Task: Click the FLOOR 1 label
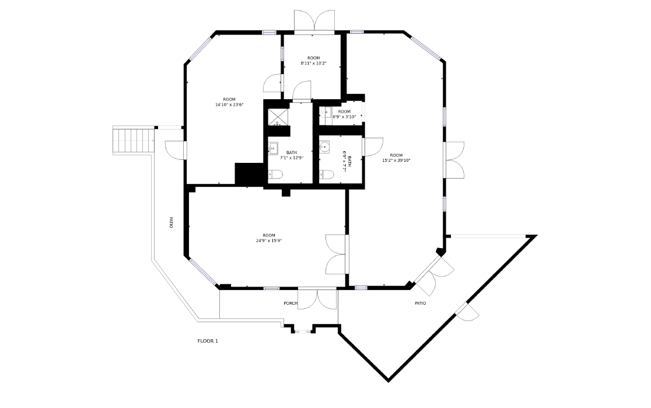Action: tap(208, 341)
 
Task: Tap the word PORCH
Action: tap(290, 304)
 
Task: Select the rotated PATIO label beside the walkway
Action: tap(171, 222)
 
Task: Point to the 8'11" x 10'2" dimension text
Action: tap(313, 64)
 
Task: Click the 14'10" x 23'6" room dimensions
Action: tap(229, 104)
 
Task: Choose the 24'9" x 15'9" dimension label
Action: tap(269, 240)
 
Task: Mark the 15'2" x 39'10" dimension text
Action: tap(396, 161)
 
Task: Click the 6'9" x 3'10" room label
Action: tap(344, 117)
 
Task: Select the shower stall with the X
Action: tap(278, 117)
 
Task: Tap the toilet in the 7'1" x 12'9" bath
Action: tap(276, 175)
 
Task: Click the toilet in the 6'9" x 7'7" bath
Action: tap(327, 175)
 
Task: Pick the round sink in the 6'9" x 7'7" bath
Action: tap(324, 147)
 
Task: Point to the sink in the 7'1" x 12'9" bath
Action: tap(273, 148)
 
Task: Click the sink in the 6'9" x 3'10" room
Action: tap(325, 113)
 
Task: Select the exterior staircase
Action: tap(134, 141)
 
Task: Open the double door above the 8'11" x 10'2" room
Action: tap(314, 22)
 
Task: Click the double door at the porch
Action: tap(317, 299)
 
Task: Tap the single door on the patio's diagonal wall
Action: tap(468, 312)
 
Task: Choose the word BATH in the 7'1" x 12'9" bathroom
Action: tap(292, 152)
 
